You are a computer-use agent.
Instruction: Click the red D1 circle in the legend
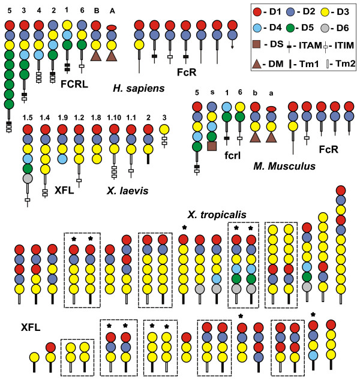(x=257, y=12)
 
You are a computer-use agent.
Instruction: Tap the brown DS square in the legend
(x=256, y=44)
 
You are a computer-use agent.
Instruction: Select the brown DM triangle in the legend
(x=257, y=64)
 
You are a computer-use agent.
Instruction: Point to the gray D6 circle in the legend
(x=325, y=28)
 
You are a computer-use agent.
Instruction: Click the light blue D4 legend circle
(x=257, y=28)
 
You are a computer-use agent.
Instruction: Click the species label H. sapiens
(x=139, y=88)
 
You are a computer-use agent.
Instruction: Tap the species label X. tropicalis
(x=217, y=215)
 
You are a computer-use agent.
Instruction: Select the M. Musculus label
(x=284, y=166)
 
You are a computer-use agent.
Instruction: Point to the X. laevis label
(x=127, y=191)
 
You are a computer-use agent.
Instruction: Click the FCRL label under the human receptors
(x=74, y=84)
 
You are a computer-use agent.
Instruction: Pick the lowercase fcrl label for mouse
(x=232, y=155)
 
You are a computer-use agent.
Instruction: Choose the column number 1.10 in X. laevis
(x=114, y=117)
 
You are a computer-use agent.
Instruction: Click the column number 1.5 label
(x=28, y=117)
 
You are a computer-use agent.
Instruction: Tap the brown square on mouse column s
(x=212, y=146)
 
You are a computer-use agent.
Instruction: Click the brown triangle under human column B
(x=96, y=56)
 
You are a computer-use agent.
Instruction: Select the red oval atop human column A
(x=112, y=28)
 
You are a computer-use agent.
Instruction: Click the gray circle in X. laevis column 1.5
(x=28, y=179)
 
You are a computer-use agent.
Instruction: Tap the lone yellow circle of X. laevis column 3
(x=164, y=129)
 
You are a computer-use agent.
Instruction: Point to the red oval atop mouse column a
(x=271, y=109)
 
